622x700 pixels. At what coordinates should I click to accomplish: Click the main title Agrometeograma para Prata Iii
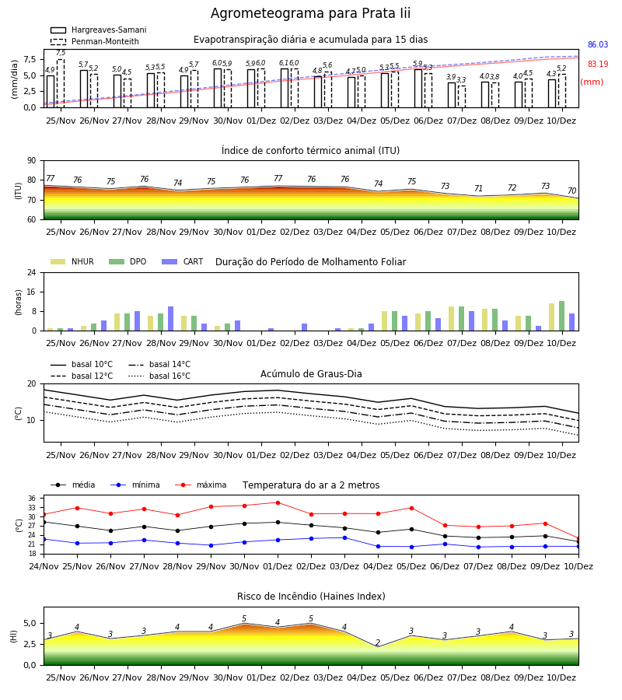[310, 13]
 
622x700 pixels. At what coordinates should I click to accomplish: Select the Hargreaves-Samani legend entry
[98, 30]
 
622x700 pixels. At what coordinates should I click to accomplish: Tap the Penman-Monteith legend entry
[95, 41]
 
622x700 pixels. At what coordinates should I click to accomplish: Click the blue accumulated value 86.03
[598, 44]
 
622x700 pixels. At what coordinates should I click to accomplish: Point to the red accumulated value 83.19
[598, 64]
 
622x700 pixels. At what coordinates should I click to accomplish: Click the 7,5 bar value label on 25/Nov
[61, 53]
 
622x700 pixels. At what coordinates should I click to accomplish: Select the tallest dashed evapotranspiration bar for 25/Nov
[61, 83]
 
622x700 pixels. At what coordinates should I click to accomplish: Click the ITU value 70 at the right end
[572, 191]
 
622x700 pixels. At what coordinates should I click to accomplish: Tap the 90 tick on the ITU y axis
[32, 161]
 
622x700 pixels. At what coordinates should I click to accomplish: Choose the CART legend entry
[182, 261]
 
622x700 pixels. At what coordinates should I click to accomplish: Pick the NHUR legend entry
[72, 261]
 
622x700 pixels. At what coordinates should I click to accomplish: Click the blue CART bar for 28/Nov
[170, 319]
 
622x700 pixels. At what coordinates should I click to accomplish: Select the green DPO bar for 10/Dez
[562, 316]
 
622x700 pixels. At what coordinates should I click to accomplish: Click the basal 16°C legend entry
[159, 376]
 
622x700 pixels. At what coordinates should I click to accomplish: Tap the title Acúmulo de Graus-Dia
[311, 373]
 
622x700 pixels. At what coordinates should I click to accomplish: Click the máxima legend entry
[201, 485]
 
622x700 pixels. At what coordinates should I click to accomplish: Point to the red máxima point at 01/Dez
[278, 502]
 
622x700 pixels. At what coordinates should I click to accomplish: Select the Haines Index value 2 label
[378, 643]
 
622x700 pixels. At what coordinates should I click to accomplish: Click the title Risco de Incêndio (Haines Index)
[311, 597]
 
